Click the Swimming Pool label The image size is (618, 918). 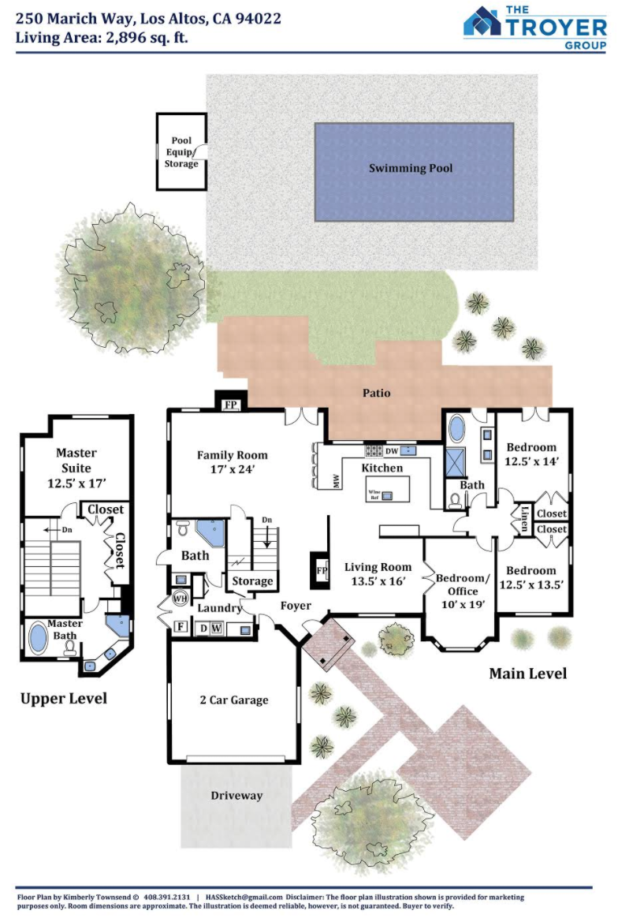click(410, 169)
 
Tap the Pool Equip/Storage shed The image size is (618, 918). click(181, 151)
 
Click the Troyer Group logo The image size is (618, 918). click(535, 28)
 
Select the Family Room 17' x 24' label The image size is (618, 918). click(232, 462)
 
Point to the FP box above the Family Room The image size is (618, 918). click(231, 404)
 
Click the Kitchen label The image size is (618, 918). click(382, 468)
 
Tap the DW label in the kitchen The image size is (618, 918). click(392, 451)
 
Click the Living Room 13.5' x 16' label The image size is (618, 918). click(378, 574)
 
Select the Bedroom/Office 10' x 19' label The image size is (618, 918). click(463, 591)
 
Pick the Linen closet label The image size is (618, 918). click(525, 518)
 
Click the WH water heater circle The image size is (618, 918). click(180, 599)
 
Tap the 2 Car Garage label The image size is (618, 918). click(234, 700)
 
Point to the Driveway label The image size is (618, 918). click(236, 796)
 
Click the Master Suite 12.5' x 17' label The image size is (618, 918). click(76, 468)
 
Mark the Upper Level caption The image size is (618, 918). click(64, 699)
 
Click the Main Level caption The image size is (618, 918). click(528, 674)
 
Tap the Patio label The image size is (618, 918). click(376, 393)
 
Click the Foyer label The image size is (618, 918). click(296, 606)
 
